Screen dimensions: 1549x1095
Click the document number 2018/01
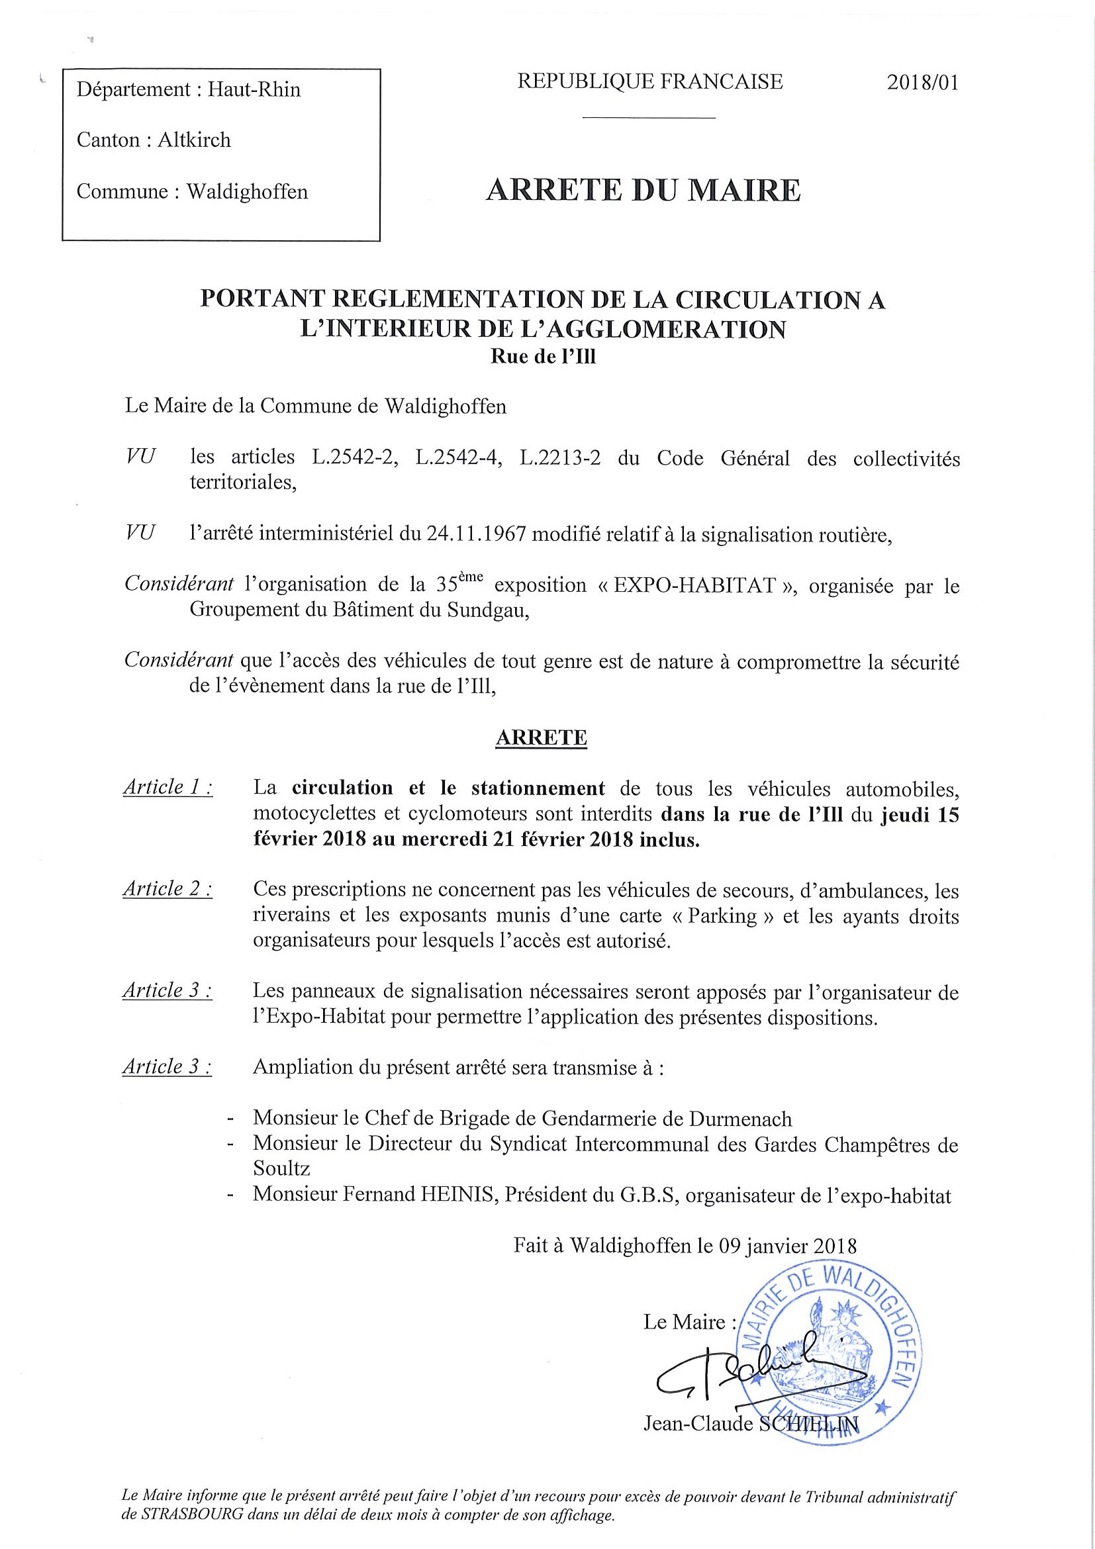tap(922, 83)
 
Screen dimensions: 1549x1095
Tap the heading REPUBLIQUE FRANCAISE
tap(649, 81)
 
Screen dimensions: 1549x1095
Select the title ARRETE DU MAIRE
tap(643, 191)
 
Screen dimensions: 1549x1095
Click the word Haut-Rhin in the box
tap(254, 90)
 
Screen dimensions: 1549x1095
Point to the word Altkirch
tap(195, 140)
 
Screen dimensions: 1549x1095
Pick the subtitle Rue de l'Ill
tap(543, 357)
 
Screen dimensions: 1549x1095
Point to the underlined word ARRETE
tap(541, 738)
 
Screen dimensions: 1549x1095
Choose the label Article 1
tap(167, 788)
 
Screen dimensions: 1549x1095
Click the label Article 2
tap(167, 890)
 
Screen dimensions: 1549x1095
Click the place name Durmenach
tap(740, 1119)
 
